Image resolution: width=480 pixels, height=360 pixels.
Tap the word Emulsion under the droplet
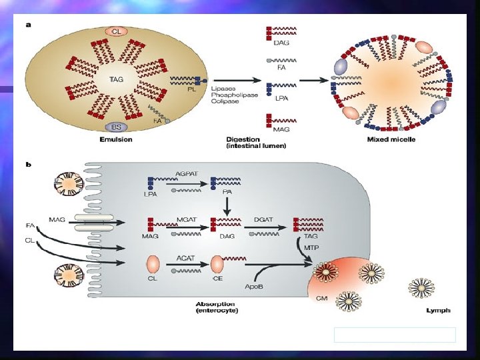click(116, 139)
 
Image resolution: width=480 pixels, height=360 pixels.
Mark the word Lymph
click(437, 310)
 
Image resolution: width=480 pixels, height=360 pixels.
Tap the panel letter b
click(28, 163)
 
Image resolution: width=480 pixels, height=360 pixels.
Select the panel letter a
click(28, 25)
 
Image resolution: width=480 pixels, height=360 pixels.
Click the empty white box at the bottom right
click(395, 335)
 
